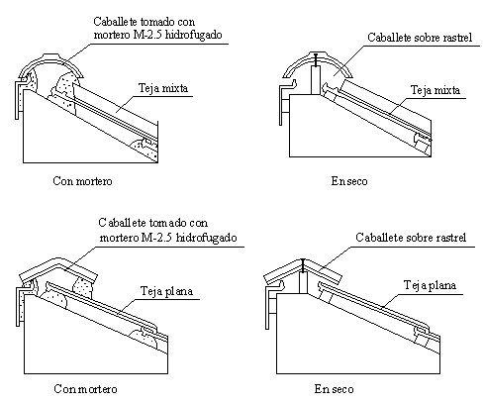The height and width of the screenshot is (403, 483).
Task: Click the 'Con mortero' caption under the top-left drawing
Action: click(x=82, y=181)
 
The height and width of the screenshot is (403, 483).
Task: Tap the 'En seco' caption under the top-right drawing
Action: click(x=349, y=181)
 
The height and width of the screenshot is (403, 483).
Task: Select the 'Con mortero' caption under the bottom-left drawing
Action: click(x=85, y=389)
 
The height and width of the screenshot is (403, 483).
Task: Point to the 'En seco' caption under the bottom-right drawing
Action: click(x=334, y=389)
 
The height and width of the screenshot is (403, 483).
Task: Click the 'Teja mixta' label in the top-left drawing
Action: click(x=163, y=88)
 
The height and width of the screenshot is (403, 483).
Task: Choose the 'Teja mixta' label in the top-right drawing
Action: click(x=435, y=90)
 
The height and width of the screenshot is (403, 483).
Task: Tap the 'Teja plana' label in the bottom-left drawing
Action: click(x=166, y=291)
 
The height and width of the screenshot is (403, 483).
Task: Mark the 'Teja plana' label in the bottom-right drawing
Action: click(x=430, y=285)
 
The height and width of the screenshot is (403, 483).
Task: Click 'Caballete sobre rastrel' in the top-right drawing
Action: click(x=420, y=38)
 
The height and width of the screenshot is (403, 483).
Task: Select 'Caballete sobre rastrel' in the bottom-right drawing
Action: click(x=411, y=238)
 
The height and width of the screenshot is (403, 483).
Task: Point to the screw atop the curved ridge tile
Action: click(x=317, y=59)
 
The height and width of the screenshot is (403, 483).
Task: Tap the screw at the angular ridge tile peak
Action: click(x=303, y=265)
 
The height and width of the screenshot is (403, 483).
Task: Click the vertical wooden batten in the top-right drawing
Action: click(x=316, y=80)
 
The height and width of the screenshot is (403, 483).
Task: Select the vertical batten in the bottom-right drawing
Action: click(x=303, y=283)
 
